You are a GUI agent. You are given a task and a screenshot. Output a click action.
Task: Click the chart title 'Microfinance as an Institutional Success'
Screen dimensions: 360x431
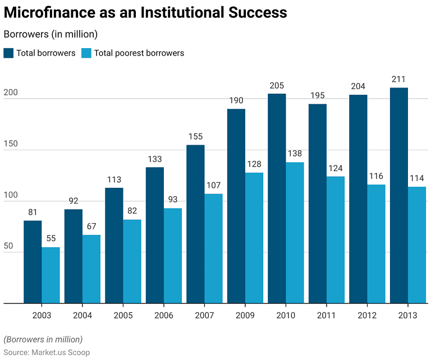click(x=145, y=13)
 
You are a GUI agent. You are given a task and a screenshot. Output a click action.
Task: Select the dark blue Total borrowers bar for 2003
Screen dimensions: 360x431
click(x=33, y=262)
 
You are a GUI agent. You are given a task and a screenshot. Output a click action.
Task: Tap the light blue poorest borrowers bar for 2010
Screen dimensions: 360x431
click(x=295, y=233)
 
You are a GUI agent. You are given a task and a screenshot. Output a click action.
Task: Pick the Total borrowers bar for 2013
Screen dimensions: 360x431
click(x=399, y=196)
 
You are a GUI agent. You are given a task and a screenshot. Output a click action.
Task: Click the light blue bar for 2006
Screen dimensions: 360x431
click(x=173, y=256)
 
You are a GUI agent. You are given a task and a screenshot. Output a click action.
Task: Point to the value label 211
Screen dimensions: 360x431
click(x=399, y=79)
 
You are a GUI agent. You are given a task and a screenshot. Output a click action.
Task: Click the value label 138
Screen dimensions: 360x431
click(x=295, y=154)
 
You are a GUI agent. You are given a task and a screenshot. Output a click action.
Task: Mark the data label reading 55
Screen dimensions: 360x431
click(x=51, y=239)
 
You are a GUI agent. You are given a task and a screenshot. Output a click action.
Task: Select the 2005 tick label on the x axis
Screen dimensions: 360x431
click(x=123, y=316)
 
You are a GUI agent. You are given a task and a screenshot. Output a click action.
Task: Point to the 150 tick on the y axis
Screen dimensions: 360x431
click(x=11, y=144)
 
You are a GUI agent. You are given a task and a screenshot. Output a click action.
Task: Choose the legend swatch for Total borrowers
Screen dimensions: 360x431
click(x=8, y=53)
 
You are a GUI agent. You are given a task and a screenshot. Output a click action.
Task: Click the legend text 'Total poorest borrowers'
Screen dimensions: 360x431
click(x=139, y=53)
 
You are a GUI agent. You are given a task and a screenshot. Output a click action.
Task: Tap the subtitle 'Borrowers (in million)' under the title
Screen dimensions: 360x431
click(x=51, y=34)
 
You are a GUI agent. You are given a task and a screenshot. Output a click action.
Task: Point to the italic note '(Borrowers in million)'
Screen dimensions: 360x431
click(x=43, y=339)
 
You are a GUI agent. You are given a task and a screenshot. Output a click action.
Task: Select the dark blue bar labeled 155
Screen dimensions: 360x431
click(x=195, y=224)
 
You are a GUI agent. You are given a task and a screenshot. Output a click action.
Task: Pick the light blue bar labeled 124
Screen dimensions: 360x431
click(x=336, y=240)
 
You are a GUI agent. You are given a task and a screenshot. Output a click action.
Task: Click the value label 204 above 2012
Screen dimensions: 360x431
click(x=358, y=86)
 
